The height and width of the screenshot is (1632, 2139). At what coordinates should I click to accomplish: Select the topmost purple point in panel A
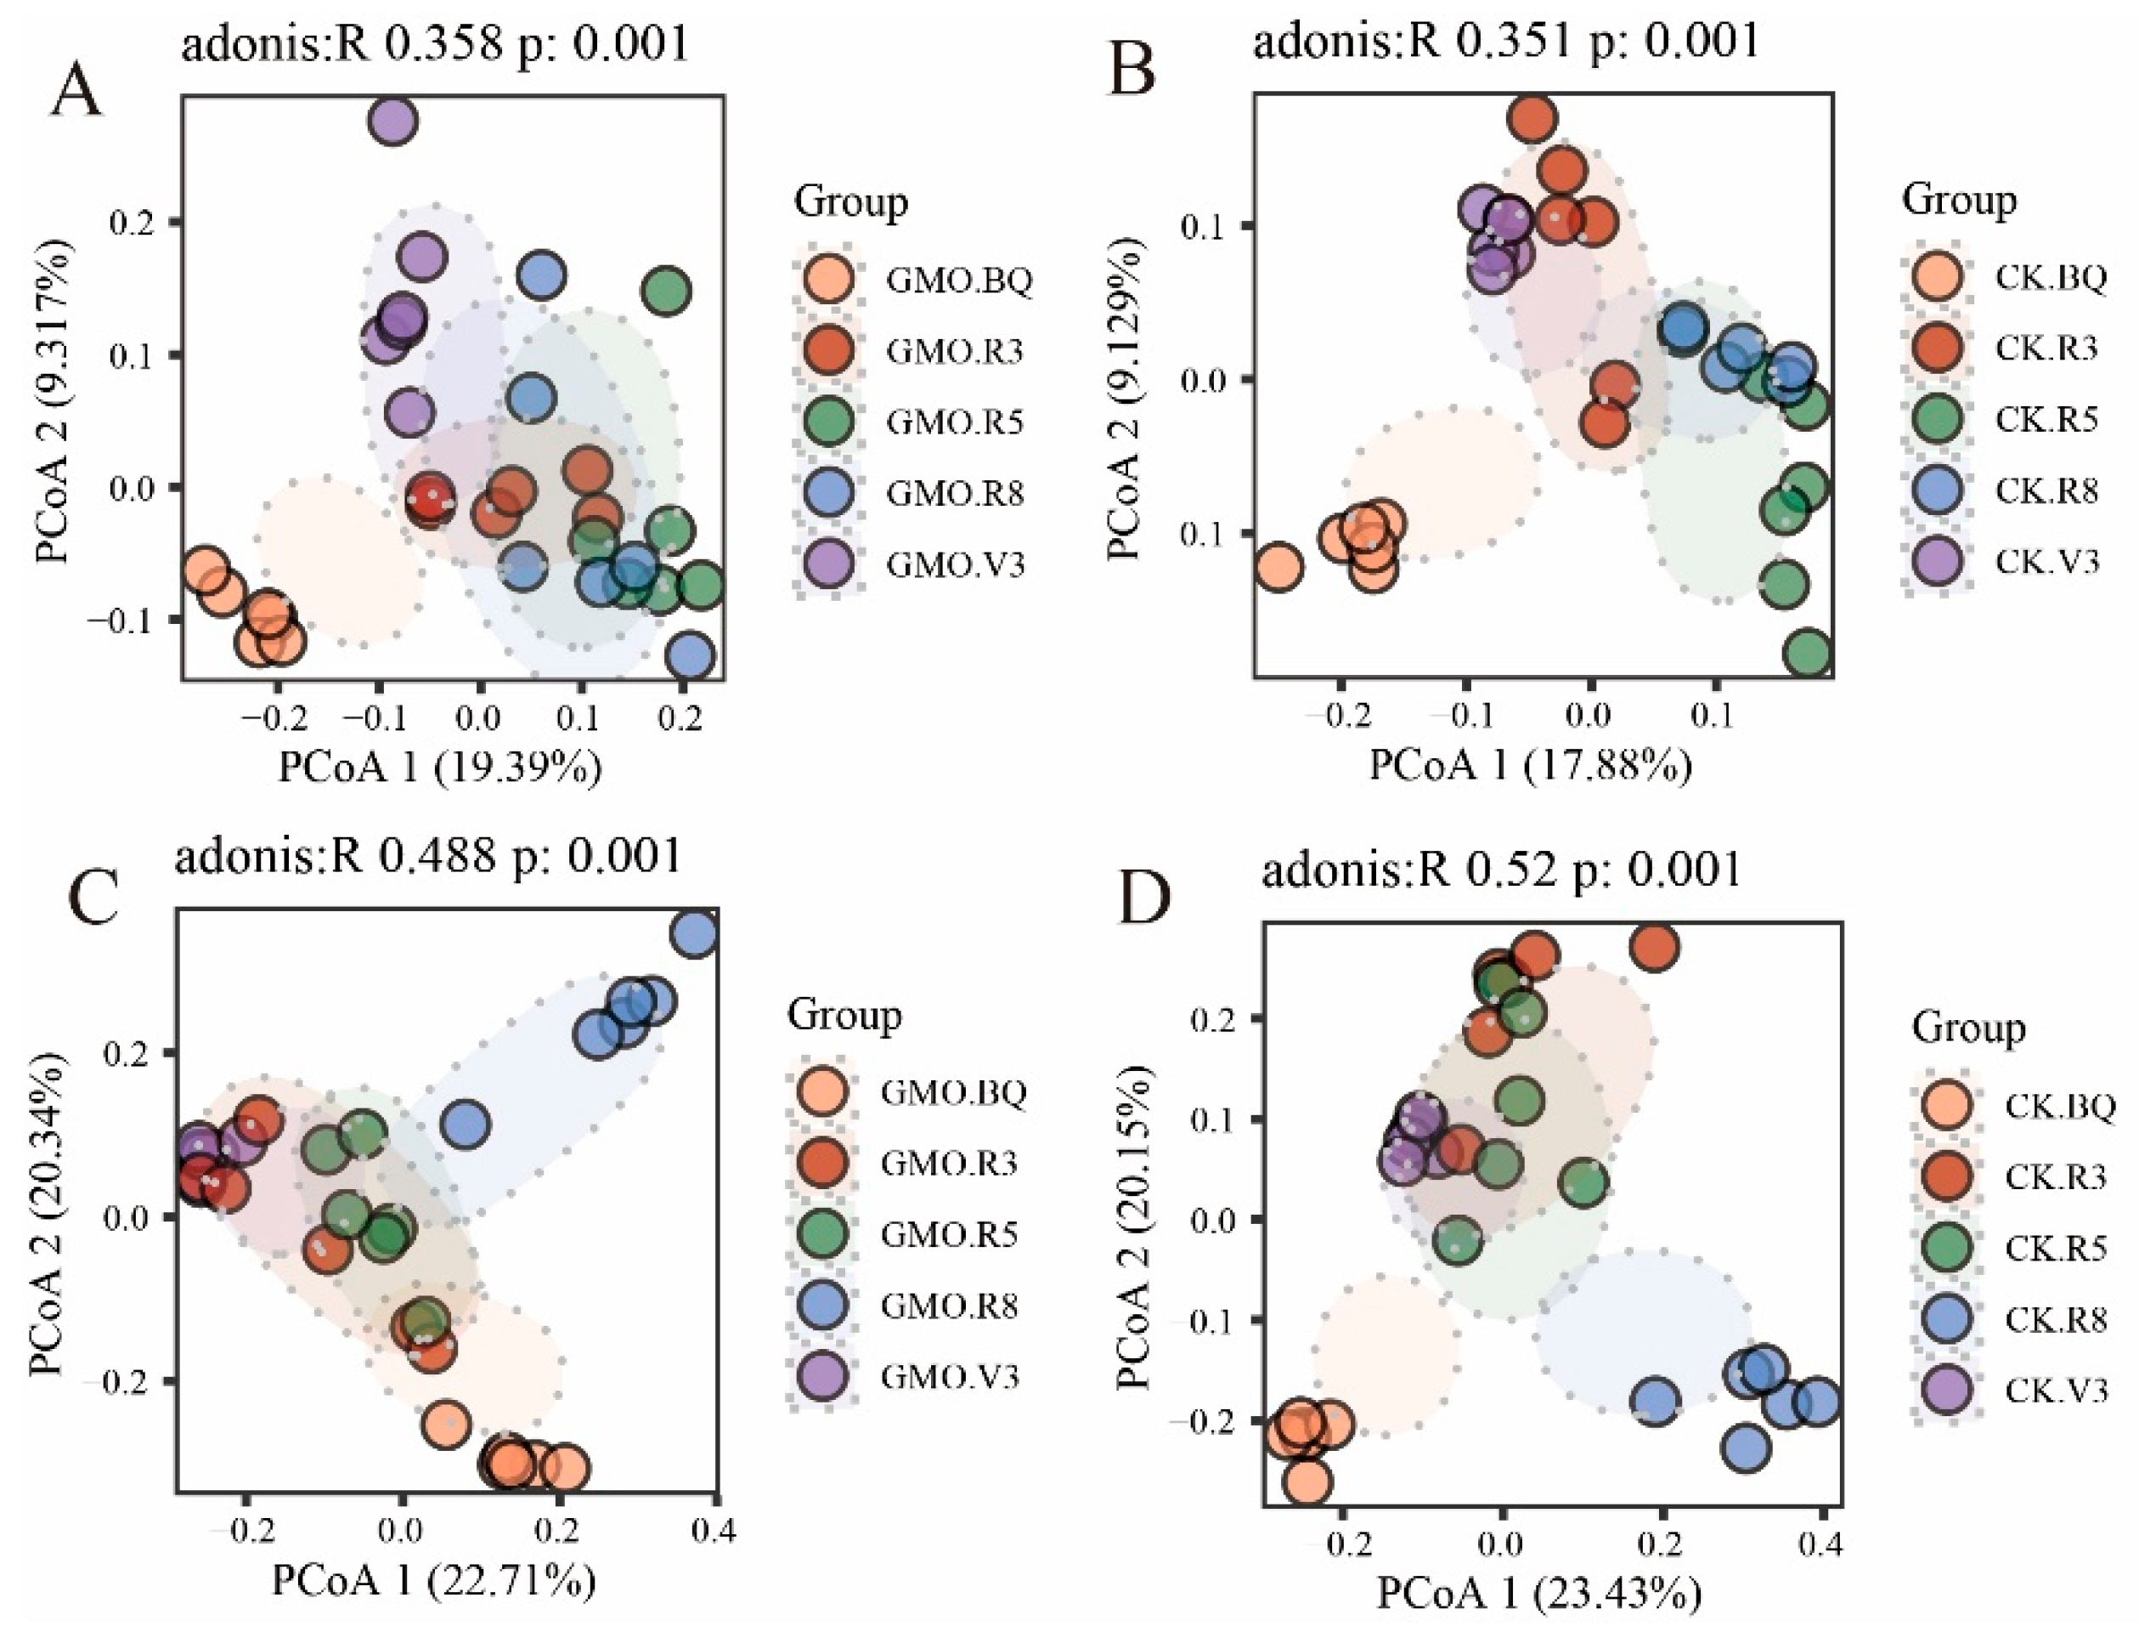[392, 122]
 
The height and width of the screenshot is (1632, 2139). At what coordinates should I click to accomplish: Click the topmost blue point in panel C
[694, 933]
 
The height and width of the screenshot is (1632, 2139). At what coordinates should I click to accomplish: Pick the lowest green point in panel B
[1807, 652]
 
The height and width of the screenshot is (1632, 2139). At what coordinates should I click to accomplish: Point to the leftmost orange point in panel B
[1278, 566]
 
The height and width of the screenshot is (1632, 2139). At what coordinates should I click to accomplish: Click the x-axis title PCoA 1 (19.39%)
[440, 767]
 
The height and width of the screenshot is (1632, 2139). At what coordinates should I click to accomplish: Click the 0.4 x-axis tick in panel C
[715, 1532]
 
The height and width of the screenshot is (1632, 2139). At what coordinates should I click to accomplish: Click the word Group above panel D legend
[1969, 1028]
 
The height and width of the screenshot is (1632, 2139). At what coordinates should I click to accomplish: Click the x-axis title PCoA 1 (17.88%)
[1530, 767]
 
